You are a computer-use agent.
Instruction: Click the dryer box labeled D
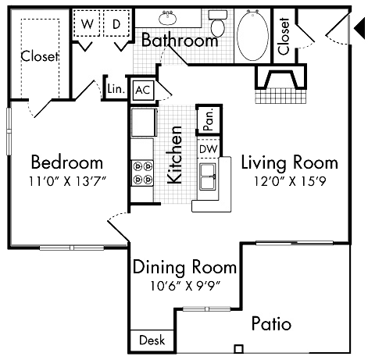pyautogui.click(x=116, y=23)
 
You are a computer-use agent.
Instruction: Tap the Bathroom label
pyautogui.click(x=179, y=41)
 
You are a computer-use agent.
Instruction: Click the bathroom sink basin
pyautogui.click(x=167, y=19)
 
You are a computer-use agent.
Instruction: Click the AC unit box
pyautogui.click(x=142, y=89)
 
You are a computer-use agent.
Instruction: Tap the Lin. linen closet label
pyautogui.click(x=114, y=90)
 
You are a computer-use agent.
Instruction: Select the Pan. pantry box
pyautogui.click(x=209, y=119)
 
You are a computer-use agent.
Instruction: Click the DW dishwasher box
pyautogui.click(x=208, y=148)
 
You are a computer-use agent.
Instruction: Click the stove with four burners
pyautogui.click(x=142, y=173)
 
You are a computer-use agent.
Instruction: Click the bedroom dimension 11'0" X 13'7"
pyautogui.click(x=66, y=180)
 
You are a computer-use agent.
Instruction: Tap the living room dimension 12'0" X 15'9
pyautogui.click(x=289, y=180)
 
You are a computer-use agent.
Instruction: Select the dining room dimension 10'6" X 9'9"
pyautogui.click(x=184, y=285)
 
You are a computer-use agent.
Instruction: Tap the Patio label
pyautogui.click(x=272, y=323)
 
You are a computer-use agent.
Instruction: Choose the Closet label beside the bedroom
pyautogui.click(x=39, y=55)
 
